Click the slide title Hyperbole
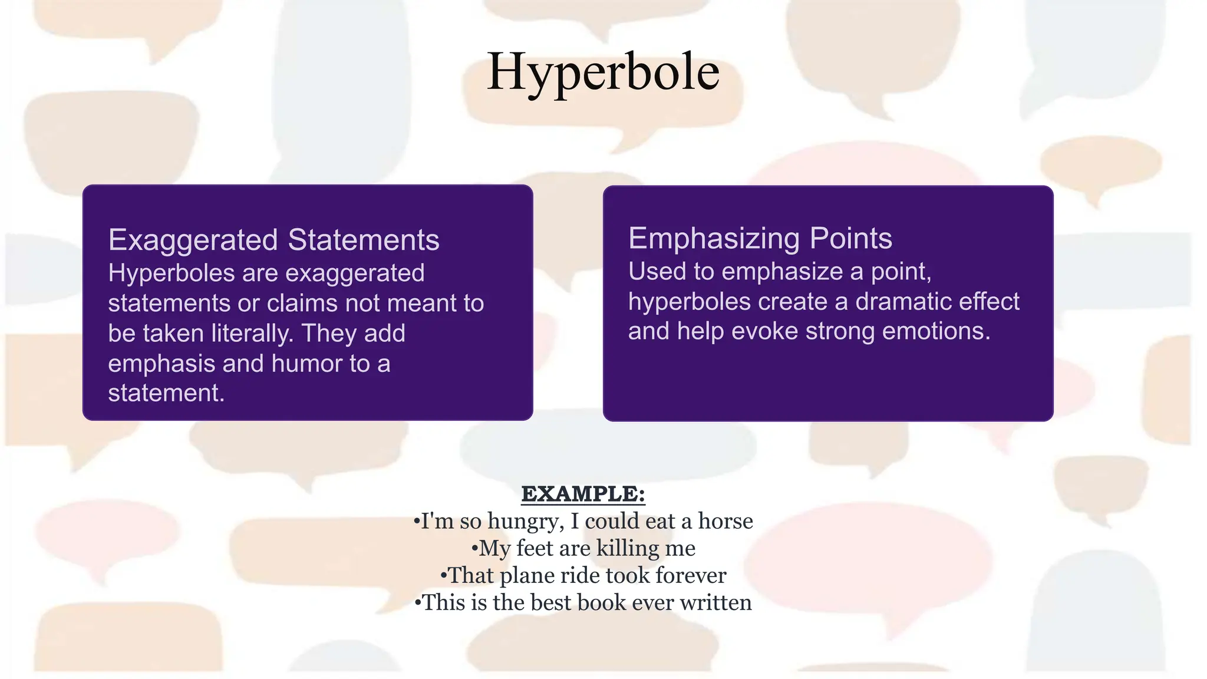pyautogui.click(x=603, y=72)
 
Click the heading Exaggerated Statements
pyautogui.click(x=273, y=240)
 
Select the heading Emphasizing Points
pyautogui.click(x=760, y=238)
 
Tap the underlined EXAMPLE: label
pyautogui.click(x=583, y=494)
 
